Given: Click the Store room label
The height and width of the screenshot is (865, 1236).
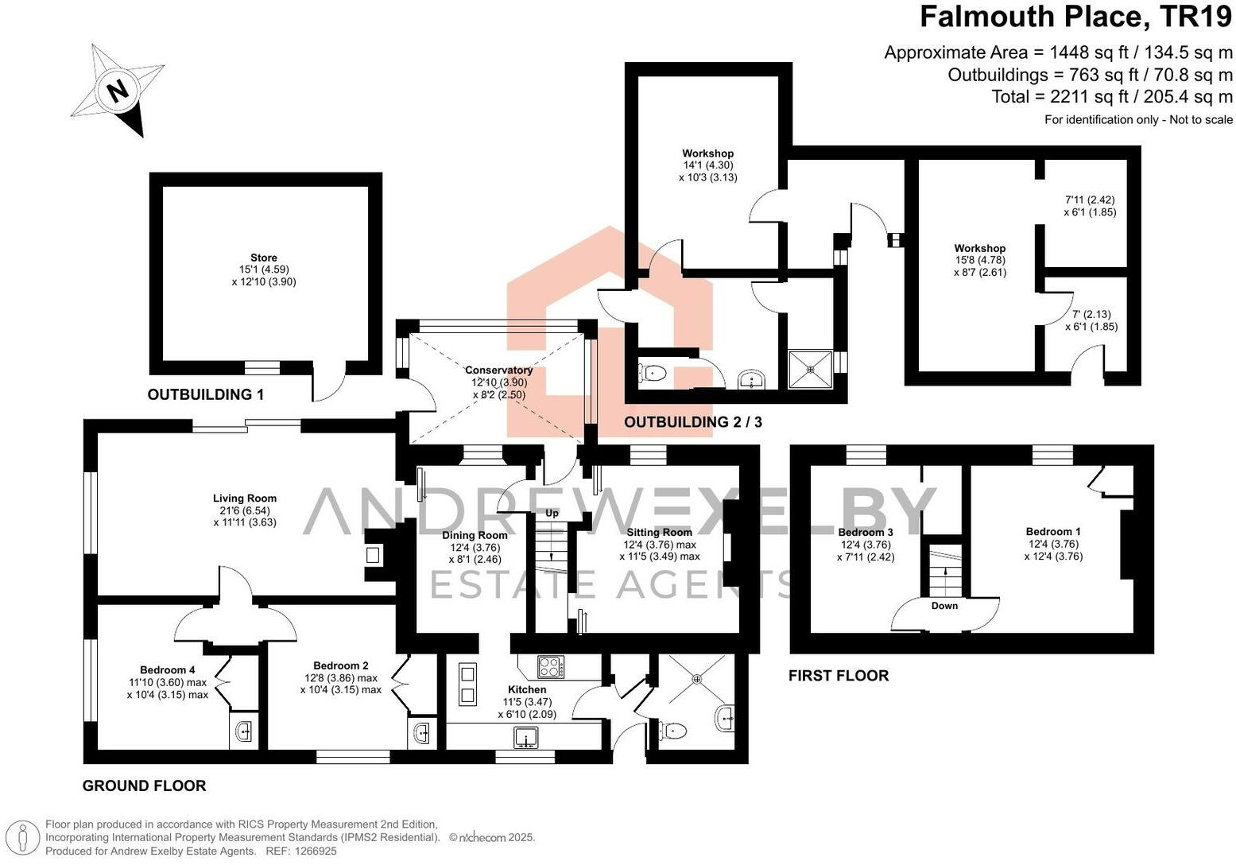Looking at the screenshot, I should pos(264,258).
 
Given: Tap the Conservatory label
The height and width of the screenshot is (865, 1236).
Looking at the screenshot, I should pos(498,370).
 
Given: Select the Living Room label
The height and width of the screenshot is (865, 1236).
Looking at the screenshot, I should pos(245,498).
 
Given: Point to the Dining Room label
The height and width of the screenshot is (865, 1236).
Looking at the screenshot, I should pos(475,535).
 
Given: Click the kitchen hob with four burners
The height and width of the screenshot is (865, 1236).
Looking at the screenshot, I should pos(550,665).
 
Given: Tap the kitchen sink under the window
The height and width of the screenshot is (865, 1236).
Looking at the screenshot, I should pos(525,739).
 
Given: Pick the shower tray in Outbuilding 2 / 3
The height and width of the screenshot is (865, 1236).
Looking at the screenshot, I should pos(810,369).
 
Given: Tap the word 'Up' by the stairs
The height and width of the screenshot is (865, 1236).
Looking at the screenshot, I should pos(552,514).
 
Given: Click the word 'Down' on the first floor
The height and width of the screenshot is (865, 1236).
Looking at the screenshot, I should pos(944,606).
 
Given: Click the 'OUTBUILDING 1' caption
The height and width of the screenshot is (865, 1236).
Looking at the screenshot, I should pos(206,394).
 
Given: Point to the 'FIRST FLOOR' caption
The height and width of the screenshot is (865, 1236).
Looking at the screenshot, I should pos(839,676).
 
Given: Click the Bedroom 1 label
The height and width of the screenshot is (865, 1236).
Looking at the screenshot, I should pos(1053,532).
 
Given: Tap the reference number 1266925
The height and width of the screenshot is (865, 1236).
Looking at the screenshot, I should pos(316,851).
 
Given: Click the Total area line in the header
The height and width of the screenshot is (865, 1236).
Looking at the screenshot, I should pos(1112,97).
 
